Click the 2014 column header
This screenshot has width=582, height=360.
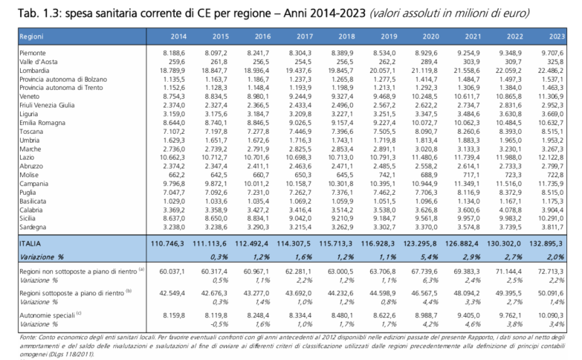tap(178, 36)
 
